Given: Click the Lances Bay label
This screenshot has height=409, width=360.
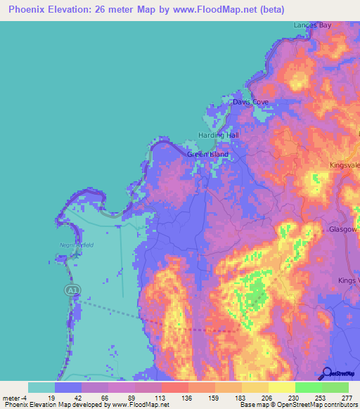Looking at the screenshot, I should tap(312, 25).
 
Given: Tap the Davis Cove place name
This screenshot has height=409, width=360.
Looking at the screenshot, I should tap(251, 102).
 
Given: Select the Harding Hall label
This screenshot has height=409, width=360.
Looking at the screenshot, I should tap(219, 135).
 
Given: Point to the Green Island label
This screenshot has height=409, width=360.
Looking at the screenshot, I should tap(207, 155).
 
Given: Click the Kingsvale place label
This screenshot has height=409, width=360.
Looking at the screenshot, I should tap(345, 165).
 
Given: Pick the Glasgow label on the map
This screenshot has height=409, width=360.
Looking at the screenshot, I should tap(344, 230).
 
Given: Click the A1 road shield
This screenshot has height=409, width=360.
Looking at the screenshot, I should tap(71, 290).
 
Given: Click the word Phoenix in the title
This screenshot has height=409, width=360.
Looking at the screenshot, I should tap(28, 8).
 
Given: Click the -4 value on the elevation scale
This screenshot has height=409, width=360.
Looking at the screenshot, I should tap(25, 397).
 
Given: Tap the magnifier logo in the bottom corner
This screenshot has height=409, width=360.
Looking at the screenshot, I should tap(328, 374).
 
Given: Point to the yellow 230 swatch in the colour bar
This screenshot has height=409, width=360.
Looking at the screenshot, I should tap(281, 387).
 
